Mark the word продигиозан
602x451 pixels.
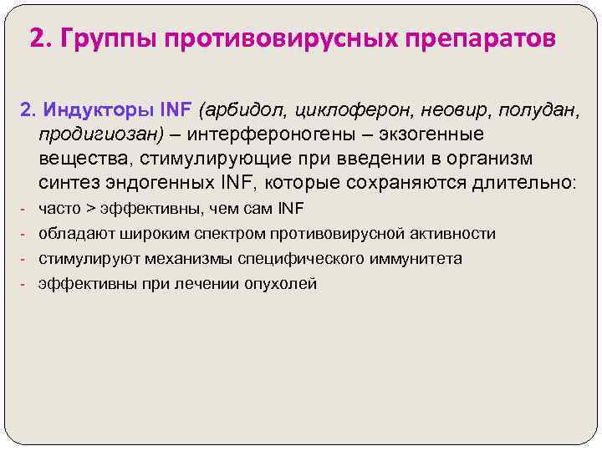pos(101,134)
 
